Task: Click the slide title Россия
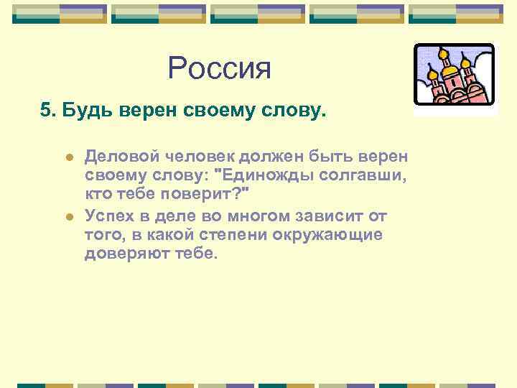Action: [220, 69]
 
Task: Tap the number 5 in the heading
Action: [45, 111]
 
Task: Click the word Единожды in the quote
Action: [261, 176]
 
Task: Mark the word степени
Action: [242, 234]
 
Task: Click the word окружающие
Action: [333, 234]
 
